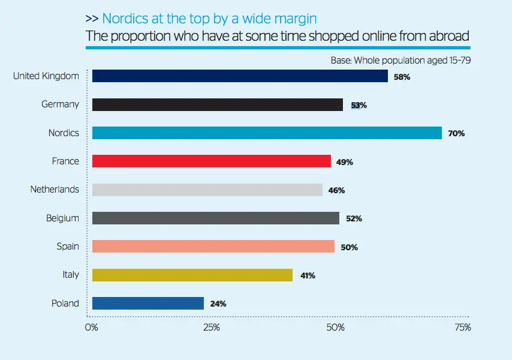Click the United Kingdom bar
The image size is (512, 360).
point(240,76)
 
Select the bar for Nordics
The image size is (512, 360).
point(267,133)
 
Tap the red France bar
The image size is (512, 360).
point(212,161)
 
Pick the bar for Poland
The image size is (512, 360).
point(148,303)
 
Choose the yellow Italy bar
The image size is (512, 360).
point(192,275)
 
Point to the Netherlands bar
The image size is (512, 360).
point(207,190)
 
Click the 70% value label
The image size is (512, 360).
point(456,133)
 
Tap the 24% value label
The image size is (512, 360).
point(218,304)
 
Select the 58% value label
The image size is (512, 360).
point(402,77)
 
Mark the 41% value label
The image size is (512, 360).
point(307,275)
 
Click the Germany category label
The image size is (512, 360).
point(60,104)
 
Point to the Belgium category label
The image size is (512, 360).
point(62,218)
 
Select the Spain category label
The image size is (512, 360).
point(67,246)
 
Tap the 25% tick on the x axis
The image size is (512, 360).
point(211,328)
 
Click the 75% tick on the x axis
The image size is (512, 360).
point(462,328)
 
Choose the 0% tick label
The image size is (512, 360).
point(91,328)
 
